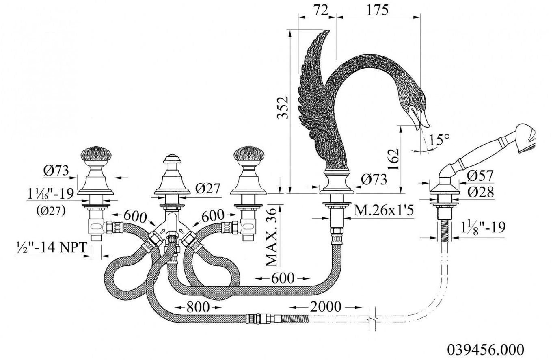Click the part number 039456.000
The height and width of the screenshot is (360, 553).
[x=485, y=349]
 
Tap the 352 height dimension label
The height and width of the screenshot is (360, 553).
[x=283, y=108]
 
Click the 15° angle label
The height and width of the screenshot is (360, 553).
[x=439, y=140]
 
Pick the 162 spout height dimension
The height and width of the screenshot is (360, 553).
[x=393, y=158]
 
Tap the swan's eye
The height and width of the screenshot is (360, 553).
[x=417, y=99]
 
